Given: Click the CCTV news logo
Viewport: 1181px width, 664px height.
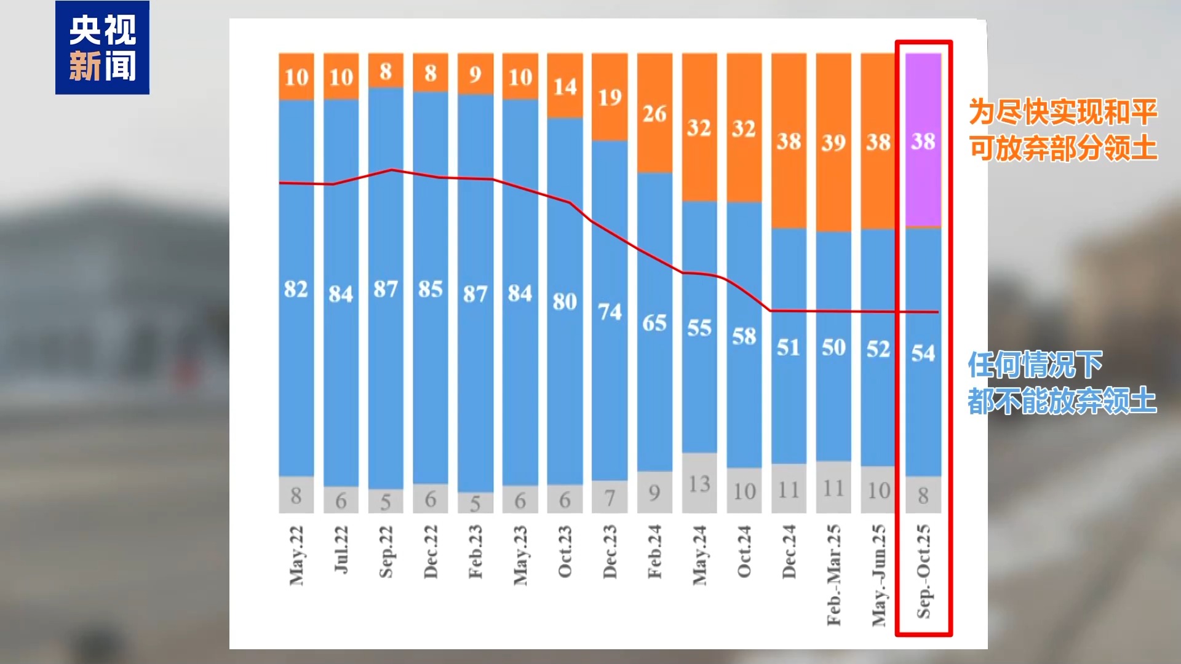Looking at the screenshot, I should pyautogui.click(x=102, y=47).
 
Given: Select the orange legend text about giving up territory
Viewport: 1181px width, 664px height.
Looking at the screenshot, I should pyautogui.click(x=1063, y=130).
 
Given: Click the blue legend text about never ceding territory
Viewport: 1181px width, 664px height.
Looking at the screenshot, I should pyautogui.click(x=1062, y=382).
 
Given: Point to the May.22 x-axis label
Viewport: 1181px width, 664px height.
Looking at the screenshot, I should pyautogui.click(x=296, y=555).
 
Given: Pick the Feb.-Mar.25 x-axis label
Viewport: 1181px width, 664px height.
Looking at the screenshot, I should pyautogui.click(x=833, y=575).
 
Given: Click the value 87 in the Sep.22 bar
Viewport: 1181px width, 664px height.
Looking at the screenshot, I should pyautogui.click(x=386, y=289).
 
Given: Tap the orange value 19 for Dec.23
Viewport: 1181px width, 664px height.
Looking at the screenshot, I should pyautogui.click(x=610, y=97).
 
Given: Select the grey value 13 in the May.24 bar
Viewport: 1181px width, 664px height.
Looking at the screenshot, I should pyautogui.click(x=699, y=484).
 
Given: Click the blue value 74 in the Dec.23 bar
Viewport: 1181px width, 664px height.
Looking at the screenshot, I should pyautogui.click(x=610, y=312).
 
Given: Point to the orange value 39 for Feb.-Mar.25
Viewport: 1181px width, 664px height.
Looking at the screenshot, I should pyautogui.click(x=833, y=143).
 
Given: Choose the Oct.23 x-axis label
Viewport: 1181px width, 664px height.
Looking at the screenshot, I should pyautogui.click(x=565, y=551).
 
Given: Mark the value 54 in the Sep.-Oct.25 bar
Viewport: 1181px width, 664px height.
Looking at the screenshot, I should pyautogui.click(x=923, y=353).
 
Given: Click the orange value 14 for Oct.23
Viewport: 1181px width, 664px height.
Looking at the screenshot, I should pyautogui.click(x=565, y=87).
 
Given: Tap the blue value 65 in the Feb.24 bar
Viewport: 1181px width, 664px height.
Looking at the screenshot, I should pyautogui.click(x=654, y=323).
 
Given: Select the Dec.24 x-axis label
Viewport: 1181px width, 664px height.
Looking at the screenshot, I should pyautogui.click(x=789, y=551).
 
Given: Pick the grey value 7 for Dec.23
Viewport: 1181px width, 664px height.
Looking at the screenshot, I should pyautogui.click(x=610, y=497).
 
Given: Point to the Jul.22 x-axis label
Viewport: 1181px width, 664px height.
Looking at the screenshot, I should pyautogui.click(x=341, y=549).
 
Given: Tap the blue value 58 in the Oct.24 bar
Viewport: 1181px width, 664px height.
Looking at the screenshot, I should pyautogui.click(x=744, y=336).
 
